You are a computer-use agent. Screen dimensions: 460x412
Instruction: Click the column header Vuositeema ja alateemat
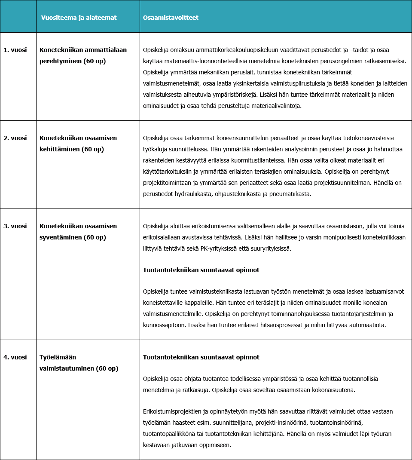79,18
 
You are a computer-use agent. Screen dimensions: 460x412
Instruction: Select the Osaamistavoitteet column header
171,18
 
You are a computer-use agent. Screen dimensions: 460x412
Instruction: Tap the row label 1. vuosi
15,50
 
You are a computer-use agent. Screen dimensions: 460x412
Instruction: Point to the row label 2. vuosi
15,138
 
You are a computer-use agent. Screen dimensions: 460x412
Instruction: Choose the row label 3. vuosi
15,226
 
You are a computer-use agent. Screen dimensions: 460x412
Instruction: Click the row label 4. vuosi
15,357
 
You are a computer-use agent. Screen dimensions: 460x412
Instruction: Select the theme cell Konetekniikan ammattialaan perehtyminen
83,55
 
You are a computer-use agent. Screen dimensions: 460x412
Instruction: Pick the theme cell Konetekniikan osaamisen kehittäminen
78,144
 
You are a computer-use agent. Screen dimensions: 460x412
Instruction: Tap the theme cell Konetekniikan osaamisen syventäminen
78,232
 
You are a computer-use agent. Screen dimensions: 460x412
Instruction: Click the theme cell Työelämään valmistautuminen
79,363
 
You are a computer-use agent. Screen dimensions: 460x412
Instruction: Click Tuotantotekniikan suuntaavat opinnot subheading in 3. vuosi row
201,270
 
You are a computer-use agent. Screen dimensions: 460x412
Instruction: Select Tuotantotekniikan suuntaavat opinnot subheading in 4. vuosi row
201,357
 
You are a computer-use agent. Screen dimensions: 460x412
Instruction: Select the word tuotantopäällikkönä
170,434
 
